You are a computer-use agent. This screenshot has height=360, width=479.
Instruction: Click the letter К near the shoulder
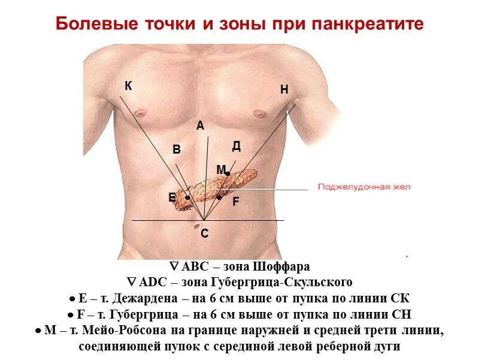128,86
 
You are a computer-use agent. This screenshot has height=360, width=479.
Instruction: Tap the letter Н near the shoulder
284,90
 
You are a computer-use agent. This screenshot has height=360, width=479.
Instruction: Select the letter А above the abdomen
200,126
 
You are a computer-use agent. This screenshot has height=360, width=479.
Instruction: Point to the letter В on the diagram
177,150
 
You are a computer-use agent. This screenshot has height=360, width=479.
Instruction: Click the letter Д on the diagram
237,146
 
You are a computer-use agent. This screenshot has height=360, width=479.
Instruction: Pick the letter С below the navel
204,234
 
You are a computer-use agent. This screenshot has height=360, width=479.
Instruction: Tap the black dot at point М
228,173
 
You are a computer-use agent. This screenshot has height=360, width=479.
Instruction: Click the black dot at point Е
187,197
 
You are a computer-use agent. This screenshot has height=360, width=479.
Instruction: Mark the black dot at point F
219,197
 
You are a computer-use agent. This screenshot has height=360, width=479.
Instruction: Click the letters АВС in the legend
193,267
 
